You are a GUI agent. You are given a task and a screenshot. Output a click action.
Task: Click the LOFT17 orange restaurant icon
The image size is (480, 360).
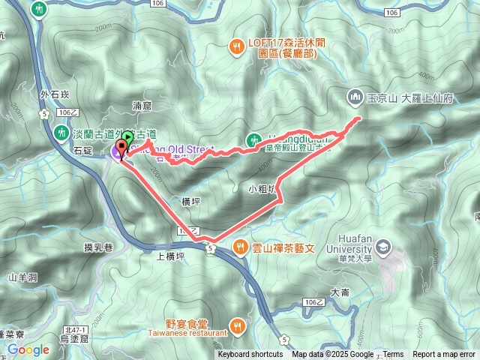[x=236, y=44]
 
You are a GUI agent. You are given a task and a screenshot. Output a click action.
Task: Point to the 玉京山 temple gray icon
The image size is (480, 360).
[x=354, y=97]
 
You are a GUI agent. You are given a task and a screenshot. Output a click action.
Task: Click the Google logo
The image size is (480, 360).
[x=28, y=349]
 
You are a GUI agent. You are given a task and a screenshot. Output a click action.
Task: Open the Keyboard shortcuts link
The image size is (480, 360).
[x=250, y=355]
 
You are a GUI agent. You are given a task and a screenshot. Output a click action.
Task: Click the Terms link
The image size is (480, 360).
[x=393, y=355]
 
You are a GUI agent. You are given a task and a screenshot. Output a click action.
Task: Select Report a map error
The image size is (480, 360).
[x=444, y=355]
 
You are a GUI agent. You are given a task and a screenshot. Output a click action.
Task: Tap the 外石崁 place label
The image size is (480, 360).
[x=55, y=95]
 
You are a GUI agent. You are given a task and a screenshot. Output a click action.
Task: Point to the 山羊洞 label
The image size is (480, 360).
[x=22, y=277]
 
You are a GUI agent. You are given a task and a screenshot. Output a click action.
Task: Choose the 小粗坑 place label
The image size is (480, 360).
[x=262, y=189]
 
